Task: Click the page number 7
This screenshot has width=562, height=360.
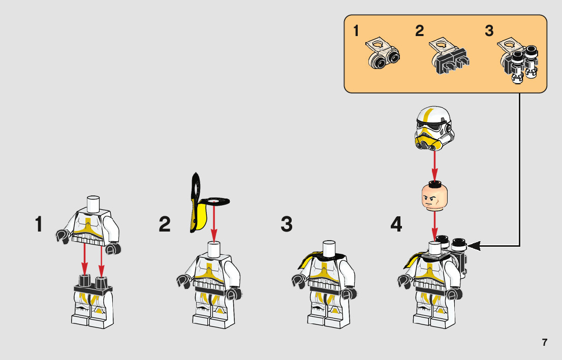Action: tap(544, 342)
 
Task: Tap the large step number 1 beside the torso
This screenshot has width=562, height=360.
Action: tap(39, 224)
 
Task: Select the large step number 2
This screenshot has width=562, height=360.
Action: tap(165, 224)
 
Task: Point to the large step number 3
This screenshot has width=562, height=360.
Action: tap(287, 224)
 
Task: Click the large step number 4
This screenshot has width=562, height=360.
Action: tap(397, 224)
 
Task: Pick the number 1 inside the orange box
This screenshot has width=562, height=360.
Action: tap(356, 31)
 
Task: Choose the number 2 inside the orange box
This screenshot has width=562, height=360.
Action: tap(419, 31)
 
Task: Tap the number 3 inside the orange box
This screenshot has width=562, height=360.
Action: tap(489, 31)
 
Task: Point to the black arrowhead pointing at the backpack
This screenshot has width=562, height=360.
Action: tap(474, 246)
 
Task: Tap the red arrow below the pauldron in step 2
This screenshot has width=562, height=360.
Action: tap(214, 223)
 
